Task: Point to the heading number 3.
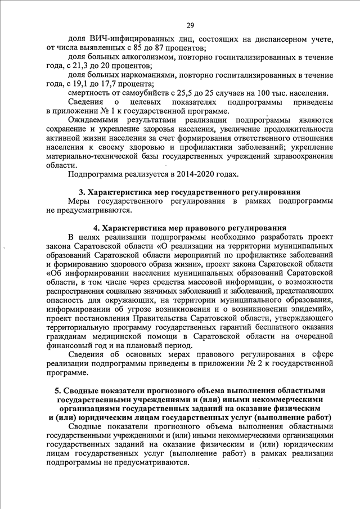click(x=81, y=192)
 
